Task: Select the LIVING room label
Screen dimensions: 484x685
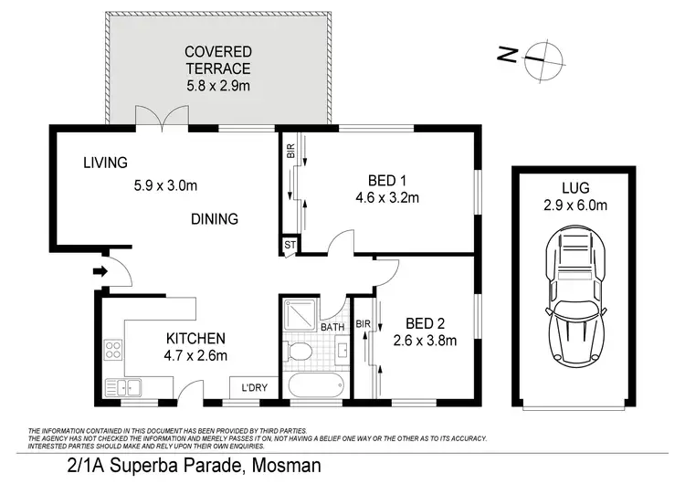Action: click(105, 163)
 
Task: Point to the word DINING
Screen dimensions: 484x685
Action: click(215, 219)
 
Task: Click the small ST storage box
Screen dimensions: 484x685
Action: click(290, 244)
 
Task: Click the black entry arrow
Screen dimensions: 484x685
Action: click(99, 269)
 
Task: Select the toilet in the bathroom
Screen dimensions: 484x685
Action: click(297, 352)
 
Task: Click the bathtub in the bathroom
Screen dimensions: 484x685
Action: click(313, 385)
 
